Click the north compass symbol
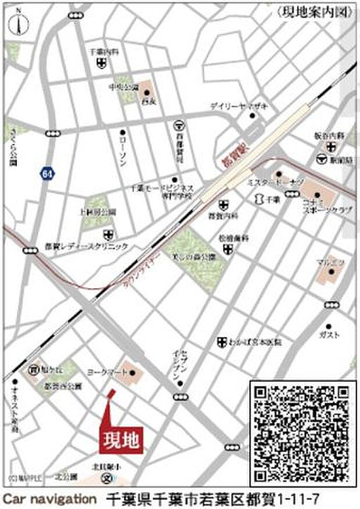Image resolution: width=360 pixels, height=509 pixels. coord(18,22)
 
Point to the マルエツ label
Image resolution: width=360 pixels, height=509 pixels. coord(330,262)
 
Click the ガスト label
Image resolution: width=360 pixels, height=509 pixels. coord(329,335)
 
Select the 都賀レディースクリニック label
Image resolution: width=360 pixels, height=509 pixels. coord(87,246)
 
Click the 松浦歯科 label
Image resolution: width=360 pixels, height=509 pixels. coord(228,238)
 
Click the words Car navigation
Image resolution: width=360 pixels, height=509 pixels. coord(49,498)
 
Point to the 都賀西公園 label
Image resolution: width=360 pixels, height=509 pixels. coord(64,386)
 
